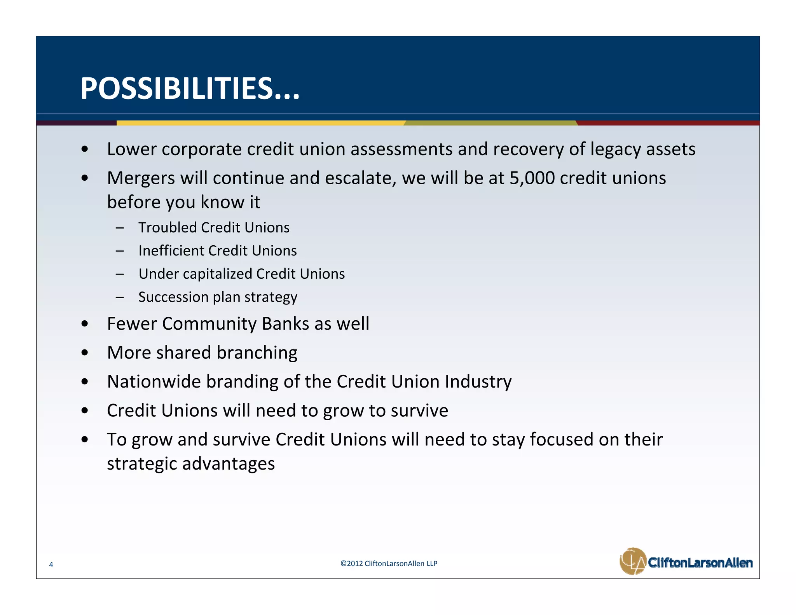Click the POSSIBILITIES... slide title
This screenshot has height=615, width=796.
tap(190, 89)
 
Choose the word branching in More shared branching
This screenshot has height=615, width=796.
tap(257, 353)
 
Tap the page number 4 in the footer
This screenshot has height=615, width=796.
tap(51, 565)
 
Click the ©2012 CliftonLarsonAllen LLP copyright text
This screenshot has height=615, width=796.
tap(389, 564)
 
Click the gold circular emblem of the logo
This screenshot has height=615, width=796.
tap(632, 561)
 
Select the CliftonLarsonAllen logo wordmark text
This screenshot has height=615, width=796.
tap(700, 563)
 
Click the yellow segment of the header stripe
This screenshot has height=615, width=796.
tap(260, 123)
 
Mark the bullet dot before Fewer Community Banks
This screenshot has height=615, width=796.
tap(85, 324)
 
